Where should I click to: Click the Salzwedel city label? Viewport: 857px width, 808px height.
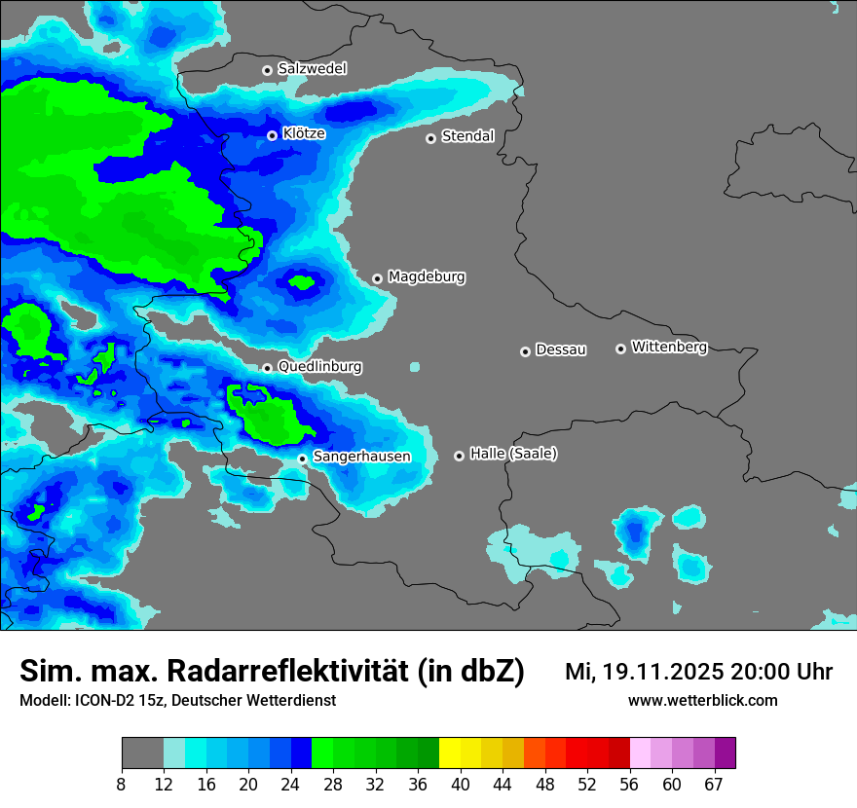pos(312,69)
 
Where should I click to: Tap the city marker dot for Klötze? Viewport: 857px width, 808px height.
pos(273,135)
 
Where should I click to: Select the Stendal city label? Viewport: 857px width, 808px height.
pos(467,136)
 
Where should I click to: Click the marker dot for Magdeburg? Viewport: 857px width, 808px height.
pos(378,278)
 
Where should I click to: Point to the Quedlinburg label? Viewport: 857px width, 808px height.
pos(319,367)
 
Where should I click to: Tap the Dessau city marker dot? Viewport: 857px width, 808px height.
pos(526,351)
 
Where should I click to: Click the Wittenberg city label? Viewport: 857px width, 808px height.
pos(669,347)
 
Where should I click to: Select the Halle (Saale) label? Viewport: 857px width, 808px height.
pos(513,454)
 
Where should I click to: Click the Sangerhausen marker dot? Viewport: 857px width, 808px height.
pos(303,459)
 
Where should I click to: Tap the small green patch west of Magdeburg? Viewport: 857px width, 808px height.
pos(301,283)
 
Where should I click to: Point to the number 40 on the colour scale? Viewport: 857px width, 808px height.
pos(461,784)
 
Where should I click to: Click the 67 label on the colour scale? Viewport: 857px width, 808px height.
pos(714,784)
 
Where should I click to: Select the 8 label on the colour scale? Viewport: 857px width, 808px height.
pos(122,784)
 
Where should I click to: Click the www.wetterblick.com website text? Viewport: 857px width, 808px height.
pos(702,701)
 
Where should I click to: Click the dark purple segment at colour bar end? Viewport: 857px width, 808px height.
pos(725,753)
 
